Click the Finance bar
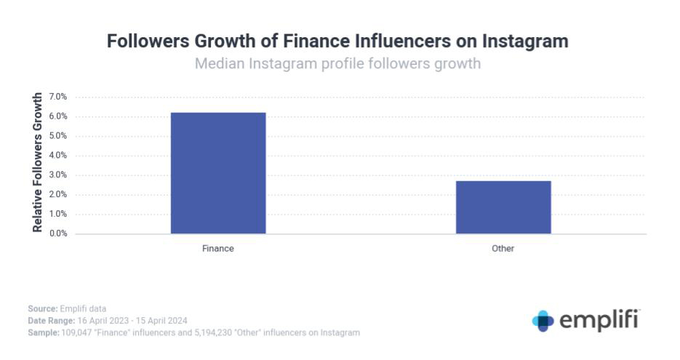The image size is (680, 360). (218, 173)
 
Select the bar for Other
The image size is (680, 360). (503, 207)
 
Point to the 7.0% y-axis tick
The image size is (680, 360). (58, 97)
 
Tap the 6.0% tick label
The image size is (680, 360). (58, 116)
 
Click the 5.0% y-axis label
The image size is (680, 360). (58, 136)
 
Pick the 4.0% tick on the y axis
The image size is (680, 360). (58, 156)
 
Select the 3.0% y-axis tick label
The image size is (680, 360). (58, 175)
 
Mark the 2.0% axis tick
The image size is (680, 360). (58, 195)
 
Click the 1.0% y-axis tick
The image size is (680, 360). (58, 215)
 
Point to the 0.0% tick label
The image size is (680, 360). (58, 234)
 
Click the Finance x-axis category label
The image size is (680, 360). (218, 249)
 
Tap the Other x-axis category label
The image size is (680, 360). (503, 249)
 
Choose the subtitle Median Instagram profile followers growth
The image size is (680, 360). (337, 63)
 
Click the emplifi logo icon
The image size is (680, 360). (543, 320)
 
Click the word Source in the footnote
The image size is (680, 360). (41, 309)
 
